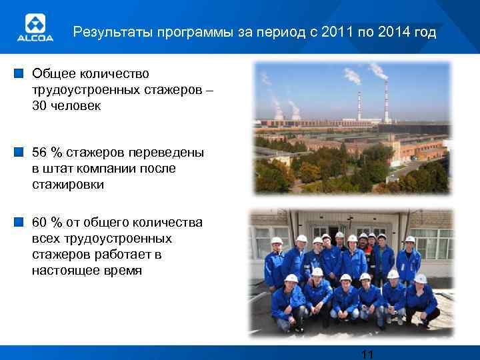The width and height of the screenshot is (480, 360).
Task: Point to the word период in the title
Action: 263,31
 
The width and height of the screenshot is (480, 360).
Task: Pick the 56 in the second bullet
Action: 39,153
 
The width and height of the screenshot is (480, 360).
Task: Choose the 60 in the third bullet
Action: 39,223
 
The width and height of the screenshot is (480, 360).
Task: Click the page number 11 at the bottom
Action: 366,354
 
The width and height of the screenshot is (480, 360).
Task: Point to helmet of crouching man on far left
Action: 291,278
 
